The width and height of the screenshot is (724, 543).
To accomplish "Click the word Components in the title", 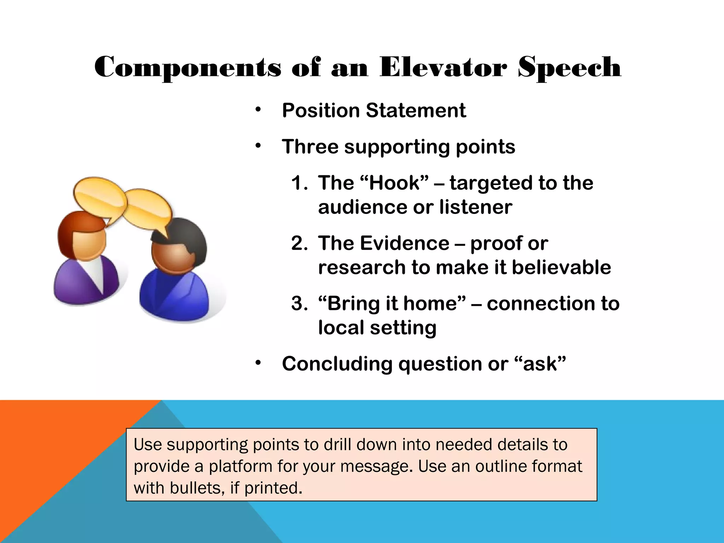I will [x=188, y=68].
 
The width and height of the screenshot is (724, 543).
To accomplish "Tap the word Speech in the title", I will [x=569, y=68].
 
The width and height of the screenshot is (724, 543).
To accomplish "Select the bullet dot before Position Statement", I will [x=258, y=110].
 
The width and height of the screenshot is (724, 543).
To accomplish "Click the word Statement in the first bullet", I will [x=416, y=110].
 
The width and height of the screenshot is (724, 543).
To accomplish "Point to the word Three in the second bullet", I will [x=310, y=146].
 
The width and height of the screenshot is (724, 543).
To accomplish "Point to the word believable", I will [x=561, y=268].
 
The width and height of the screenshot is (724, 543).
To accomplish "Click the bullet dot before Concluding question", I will [x=258, y=363].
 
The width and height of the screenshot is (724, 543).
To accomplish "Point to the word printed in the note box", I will [x=273, y=488].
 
